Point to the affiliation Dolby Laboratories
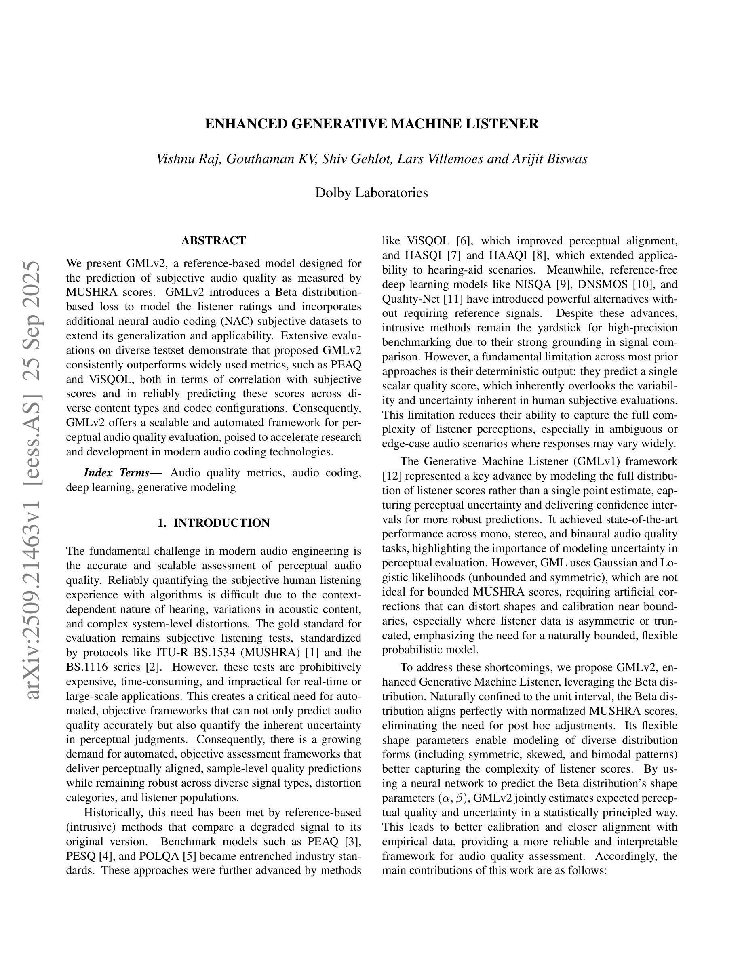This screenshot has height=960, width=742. (371, 193)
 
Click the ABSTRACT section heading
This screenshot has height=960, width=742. (214, 240)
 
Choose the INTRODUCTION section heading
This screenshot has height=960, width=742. (221, 523)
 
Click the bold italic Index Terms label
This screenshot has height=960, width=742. (122, 473)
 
